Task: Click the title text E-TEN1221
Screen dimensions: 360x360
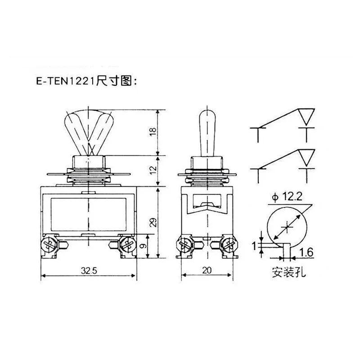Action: [65, 81]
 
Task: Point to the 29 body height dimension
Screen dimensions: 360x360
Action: [153, 222]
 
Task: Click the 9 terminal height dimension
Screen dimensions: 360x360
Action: [143, 246]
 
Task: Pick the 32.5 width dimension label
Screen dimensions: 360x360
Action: [89, 271]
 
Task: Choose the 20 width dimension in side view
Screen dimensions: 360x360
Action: [207, 270]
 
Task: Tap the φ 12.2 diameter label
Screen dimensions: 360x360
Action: [287, 197]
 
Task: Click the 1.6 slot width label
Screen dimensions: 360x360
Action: [306, 252]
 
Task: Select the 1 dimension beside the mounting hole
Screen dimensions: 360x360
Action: [254, 246]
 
